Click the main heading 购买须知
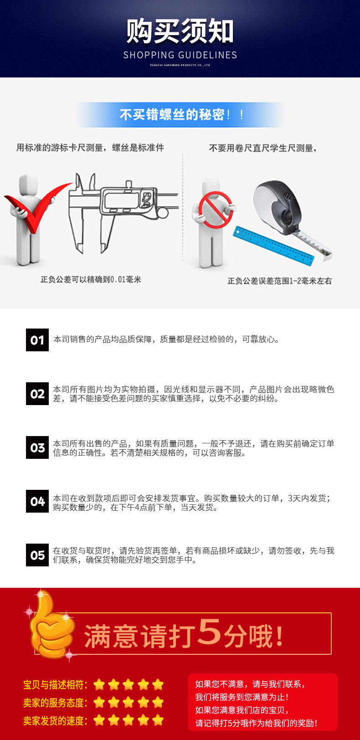(180, 32)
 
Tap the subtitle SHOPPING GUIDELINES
(180, 55)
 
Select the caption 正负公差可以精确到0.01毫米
(91, 279)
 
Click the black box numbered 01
(37, 340)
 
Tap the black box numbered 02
(37, 394)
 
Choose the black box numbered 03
(37, 447)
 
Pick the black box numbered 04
(37, 501)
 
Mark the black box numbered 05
(37, 555)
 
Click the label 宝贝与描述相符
(55, 685)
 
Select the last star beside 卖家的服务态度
(158, 703)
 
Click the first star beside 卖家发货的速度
(99, 720)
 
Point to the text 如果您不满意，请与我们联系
(250, 684)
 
